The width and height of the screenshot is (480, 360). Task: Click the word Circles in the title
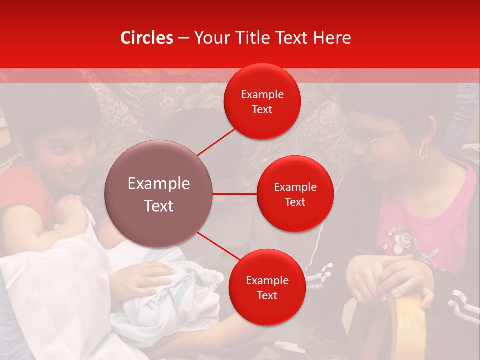tap(147, 38)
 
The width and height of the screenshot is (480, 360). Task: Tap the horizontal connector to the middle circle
tap(235, 194)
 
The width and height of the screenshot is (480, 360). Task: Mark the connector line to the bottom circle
tap(218, 247)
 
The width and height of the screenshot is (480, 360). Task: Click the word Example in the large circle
tap(159, 184)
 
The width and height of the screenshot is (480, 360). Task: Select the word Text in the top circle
tap(262, 110)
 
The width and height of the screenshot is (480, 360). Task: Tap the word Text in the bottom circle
tap(267, 296)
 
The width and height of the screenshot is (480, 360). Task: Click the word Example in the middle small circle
tap(295, 187)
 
